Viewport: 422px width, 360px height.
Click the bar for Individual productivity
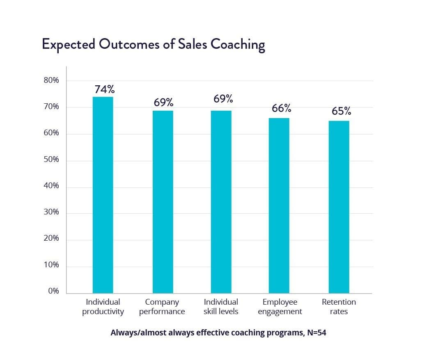[103, 195]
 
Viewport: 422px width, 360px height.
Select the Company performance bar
[163, 202]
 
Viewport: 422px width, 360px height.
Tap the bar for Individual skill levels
[221, 202]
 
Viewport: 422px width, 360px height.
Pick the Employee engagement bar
[279, 205]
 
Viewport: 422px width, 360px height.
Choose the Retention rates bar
[339, 207]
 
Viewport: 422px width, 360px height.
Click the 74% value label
[104, 89]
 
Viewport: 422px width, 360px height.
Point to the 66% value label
[281, 108]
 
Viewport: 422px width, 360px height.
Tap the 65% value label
[341, 111]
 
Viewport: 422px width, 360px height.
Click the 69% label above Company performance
[163, 103]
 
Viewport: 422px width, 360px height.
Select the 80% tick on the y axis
[51, 81]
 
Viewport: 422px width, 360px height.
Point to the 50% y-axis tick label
[51, 160]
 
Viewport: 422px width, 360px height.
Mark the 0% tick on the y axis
[53, 292]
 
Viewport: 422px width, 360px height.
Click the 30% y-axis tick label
[51, 212]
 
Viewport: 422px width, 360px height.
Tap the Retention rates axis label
[339, 307]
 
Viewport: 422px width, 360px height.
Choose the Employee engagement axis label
[280, 307]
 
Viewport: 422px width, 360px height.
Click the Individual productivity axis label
[103, 307]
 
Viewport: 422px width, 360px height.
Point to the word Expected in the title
[68, 44]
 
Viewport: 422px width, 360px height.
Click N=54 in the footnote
[316, 333]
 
